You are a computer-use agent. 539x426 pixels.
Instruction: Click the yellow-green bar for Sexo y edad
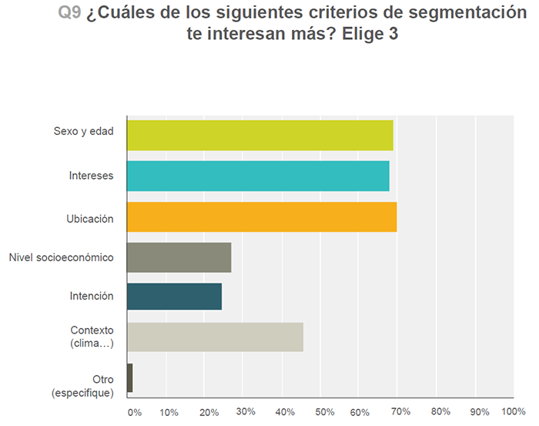pyautogui.click(x=259, y=136)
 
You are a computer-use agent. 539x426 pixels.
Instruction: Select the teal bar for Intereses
pyautogui.click(x=258, y=176)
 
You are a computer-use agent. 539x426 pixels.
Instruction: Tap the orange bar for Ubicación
pyautogui.click(x=262, y=216)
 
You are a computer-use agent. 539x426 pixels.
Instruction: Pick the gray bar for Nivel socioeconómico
pyautogui.click(x=179, y=257)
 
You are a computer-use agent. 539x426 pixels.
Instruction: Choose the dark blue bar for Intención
pyautogui.click(x=174, y=297)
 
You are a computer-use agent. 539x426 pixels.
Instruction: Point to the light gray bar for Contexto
pyautogui.click(x=215, y=337)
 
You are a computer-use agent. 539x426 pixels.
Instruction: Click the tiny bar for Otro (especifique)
pyautogui.click(x=129, y=377)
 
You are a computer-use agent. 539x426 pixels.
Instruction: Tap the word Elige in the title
pyautogui.click(x=360, y=35)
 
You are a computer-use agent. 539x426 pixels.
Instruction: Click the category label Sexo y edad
pyautogui.click(x=84, y=131)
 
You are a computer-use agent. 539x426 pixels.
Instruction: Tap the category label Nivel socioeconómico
pyautogui.click(x=61, y=257)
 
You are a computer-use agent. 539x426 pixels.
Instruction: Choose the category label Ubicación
pyautogui.click(x=90, y=219)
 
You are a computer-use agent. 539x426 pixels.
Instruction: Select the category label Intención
pyautogui.click(x=91, y=297)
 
